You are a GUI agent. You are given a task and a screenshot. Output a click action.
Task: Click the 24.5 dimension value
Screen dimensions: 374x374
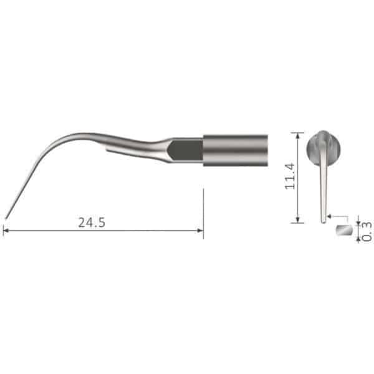tap(92, 223)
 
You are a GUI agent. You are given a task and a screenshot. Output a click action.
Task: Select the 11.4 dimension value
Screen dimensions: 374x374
tap(290, 176)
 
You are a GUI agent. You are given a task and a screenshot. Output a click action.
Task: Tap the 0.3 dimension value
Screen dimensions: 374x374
tap(367, 231)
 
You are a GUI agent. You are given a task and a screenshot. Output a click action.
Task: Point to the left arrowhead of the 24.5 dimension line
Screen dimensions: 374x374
tap(6, 231)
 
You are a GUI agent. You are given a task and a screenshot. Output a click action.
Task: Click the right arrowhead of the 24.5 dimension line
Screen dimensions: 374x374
tap(200, 231)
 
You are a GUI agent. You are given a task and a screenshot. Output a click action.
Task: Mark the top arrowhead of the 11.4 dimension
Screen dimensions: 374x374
tap(297, 135)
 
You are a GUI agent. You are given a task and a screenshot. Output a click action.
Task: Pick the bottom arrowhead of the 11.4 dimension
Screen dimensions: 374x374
tap(297, 219)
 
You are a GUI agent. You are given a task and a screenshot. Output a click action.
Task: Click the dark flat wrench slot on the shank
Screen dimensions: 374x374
tap(185, 150)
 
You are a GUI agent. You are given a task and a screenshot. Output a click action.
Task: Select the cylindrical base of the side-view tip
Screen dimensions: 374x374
tap(235, 150)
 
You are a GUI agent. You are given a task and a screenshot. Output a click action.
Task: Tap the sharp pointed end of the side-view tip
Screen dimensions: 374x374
tap(6, 218)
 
